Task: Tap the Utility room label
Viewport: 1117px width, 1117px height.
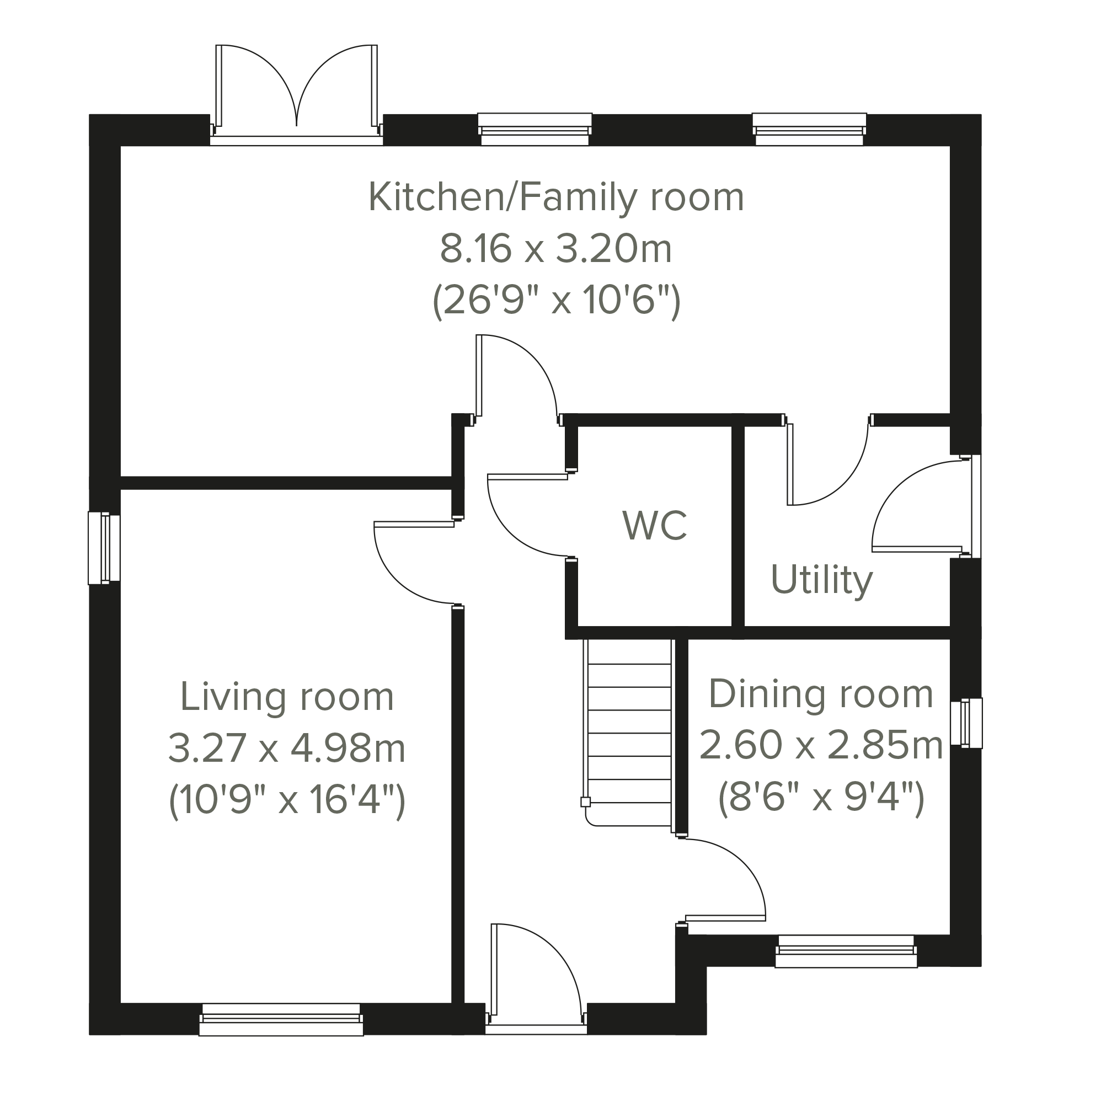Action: tap(821, 580)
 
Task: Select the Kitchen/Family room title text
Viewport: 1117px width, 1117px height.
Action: tap(556, 197)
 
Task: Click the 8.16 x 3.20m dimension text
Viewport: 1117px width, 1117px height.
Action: tap(556, 249)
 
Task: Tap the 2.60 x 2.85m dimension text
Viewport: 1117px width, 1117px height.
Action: tap(821, 745)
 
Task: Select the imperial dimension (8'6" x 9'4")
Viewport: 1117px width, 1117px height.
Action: tap(821, 798)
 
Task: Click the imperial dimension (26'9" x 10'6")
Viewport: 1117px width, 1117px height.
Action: tap(556, 301)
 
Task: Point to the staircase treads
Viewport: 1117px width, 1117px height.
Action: tap(629, 733)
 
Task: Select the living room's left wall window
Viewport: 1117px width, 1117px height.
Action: tap(104, 548)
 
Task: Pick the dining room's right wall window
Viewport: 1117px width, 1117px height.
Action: tap(966, 723)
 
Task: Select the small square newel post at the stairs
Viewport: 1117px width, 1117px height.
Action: tap(586, 802)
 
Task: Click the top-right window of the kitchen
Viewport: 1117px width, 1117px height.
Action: tap(809, 129)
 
